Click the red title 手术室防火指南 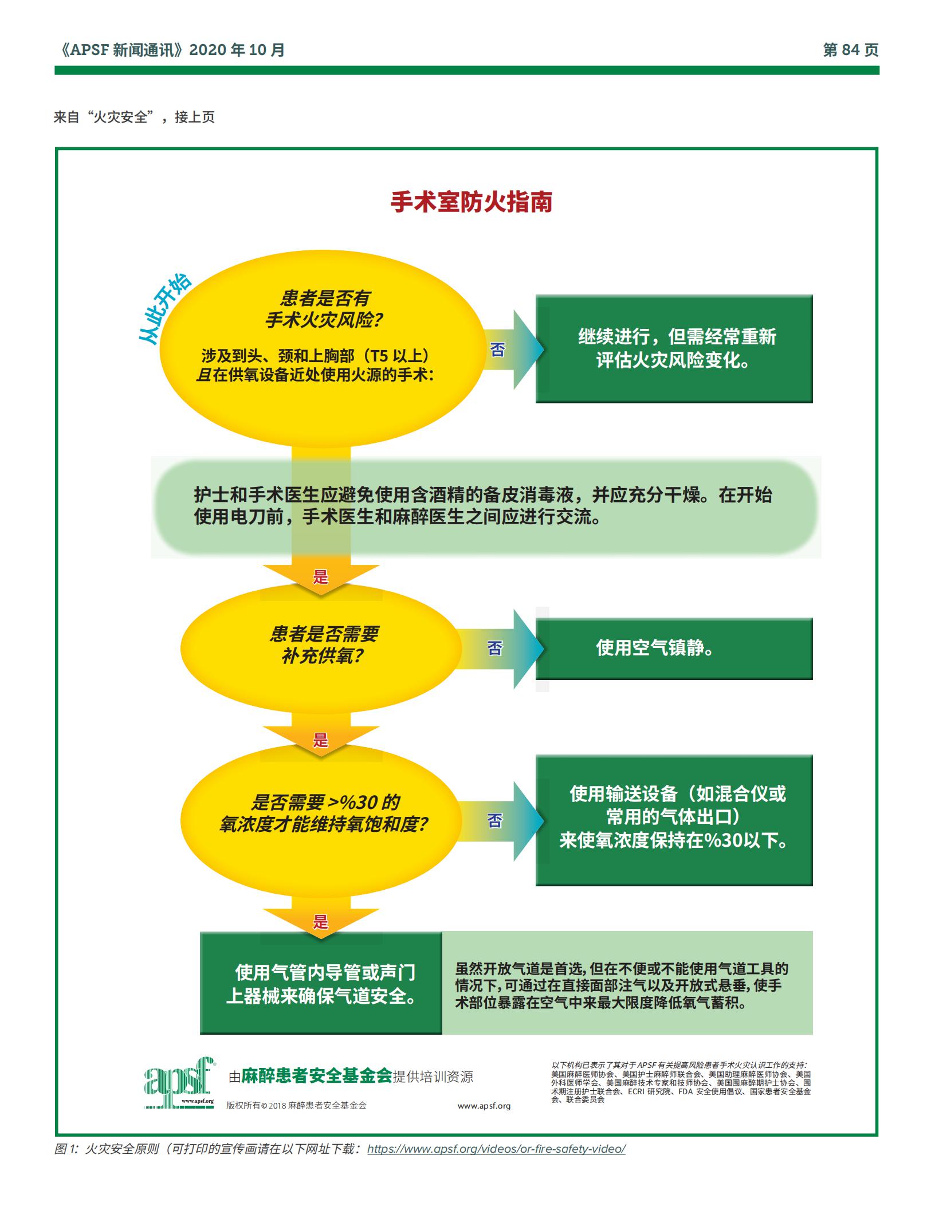tap(472, 202)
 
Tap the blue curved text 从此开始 tap(165, 310)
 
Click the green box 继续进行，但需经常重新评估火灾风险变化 tap(674, 349)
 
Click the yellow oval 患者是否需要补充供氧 tap(321, 649)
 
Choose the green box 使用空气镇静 tap(674, 649)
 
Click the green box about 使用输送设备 tap(674, 820)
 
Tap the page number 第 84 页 tap(850, 50)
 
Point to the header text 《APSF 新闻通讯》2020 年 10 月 tap(170, 50)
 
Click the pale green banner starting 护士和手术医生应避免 tap(486, 506)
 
